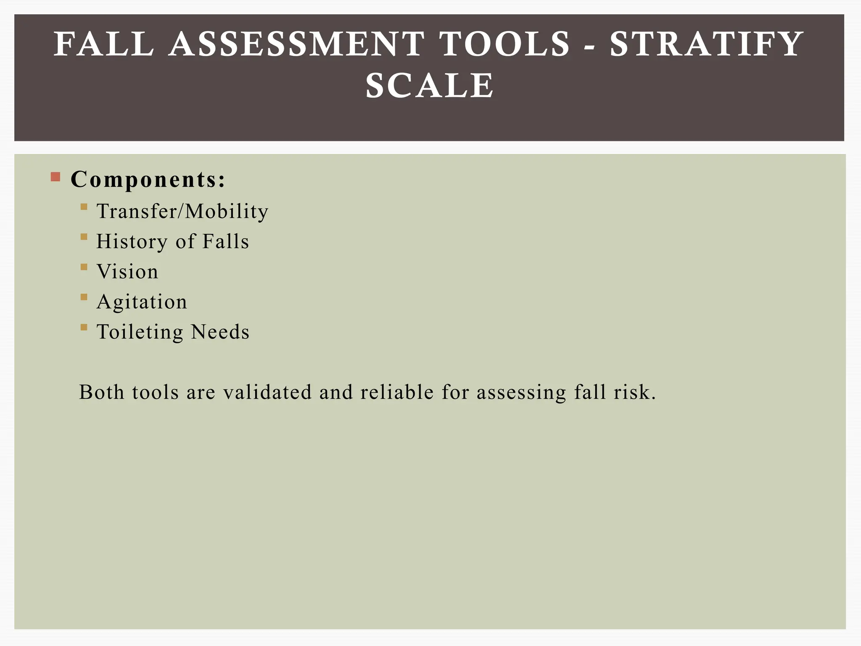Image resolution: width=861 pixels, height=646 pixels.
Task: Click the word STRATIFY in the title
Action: click(706, 44)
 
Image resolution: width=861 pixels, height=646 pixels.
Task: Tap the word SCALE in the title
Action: click(430, 86)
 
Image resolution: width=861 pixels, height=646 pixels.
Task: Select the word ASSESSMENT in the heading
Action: click(297, 44)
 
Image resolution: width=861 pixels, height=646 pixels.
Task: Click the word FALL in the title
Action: click(104, 44)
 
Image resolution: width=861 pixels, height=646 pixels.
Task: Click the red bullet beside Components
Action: click(55, 177)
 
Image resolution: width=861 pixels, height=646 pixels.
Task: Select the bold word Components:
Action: click(148, 180)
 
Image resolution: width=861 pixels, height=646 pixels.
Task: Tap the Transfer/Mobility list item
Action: click(182, 211)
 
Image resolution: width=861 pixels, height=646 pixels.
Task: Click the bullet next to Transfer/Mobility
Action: click(84, 207)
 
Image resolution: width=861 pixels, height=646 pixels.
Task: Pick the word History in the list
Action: click(132, 242)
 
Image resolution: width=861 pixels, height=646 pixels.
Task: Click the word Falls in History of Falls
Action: click(226, 241)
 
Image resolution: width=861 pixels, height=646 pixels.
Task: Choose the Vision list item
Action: click(127, 272)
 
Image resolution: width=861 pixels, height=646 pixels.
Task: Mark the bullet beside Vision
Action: click(84, 267)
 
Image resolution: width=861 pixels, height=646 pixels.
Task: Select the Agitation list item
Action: click(142, 302)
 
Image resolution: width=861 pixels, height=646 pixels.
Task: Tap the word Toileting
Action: click(140, 332)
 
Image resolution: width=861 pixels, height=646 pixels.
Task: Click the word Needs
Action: click(220, 332)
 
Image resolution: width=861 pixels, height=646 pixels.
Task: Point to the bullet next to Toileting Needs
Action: click(84, 327)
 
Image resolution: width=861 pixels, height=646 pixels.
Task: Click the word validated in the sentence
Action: click(267, 392)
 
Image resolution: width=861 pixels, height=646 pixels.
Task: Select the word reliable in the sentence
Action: click(397, 392)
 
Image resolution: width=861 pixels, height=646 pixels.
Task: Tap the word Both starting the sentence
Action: click(102, 392)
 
